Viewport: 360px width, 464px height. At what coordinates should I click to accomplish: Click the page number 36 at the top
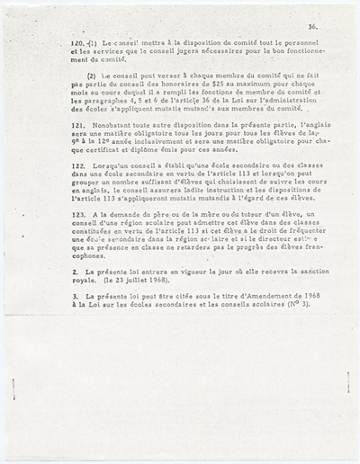(310, 28)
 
